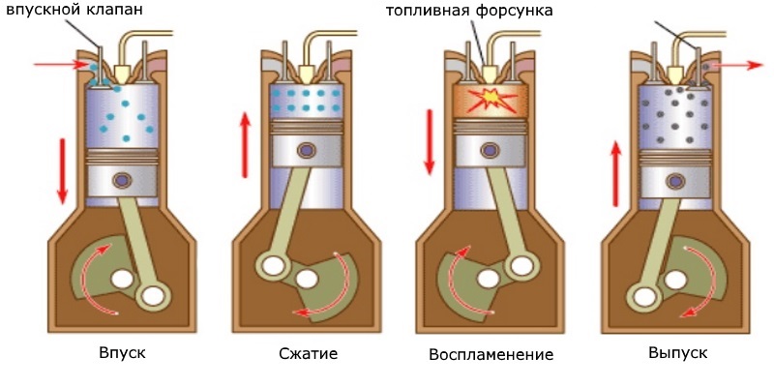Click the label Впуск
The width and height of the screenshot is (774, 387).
(123, 353)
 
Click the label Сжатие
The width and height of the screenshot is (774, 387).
(308, 354)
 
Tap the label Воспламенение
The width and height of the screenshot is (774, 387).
(491, 355)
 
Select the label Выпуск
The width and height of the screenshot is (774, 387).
(678, 353)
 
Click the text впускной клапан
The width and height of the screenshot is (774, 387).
(74, 10)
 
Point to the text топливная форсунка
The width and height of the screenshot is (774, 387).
(469, 11)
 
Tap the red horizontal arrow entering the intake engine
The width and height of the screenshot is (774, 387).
(60, 65)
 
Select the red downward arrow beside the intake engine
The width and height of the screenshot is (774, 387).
(62, 171)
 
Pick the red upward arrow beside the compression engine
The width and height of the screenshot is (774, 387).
(245, 144)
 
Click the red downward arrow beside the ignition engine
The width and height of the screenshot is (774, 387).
(430, 142)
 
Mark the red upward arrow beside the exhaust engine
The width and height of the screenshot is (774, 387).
(615, 173)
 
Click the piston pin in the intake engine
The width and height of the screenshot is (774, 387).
(122, 181)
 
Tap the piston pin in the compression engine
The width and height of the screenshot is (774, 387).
(307, 150)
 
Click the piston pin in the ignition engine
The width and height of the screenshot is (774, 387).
(491, 150)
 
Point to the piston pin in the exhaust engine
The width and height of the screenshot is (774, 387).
(675, 181)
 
